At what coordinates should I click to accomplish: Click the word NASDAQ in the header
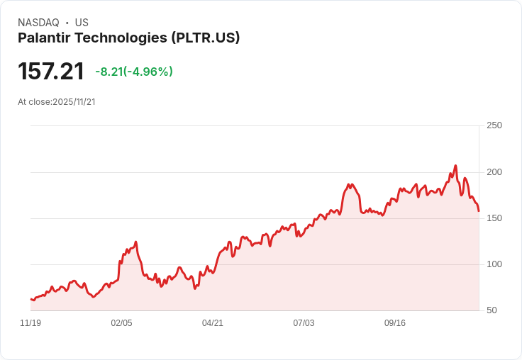pyautogui.click(x=38, y=23)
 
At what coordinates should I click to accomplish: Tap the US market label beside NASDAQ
pyautogui.click(x=82, y=23)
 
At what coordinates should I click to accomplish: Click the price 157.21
pyautogui.click(x=51, y=71)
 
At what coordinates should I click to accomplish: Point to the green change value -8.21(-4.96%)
pyautogui.click(x=134, y=72)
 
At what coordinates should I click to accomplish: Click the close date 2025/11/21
pyautogui.click(x=74, y=101)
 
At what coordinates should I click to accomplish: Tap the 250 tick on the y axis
pyautogui.click(x=494, y=125)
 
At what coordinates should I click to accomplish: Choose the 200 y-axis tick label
pyautogui.click(x=494, y=172)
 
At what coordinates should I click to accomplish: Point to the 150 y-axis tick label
pyautogui.click(x=494, y=218)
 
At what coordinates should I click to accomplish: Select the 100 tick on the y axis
pyautogui.click(x=494, y=264)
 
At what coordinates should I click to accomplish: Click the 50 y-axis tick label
pyautogui.click(x=492, y=310)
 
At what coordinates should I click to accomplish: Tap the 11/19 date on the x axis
pyautogui.click(x=30, y=323)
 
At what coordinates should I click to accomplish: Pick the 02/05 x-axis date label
pyautogui.click(x=121, y=323)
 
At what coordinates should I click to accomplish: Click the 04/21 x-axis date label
pyautogui.click(x=213, y=323)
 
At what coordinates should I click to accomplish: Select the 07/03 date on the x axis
pyautogui.click(x=304, y=323)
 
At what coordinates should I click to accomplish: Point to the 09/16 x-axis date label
pyautogui.click(x=395, y=323)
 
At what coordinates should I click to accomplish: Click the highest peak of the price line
pyautogui.click(x=455, y=166)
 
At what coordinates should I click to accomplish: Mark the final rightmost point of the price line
pyautogui.click(x=479, y=211)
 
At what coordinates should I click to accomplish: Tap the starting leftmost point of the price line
pyautogui.click(x=30, y=299)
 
